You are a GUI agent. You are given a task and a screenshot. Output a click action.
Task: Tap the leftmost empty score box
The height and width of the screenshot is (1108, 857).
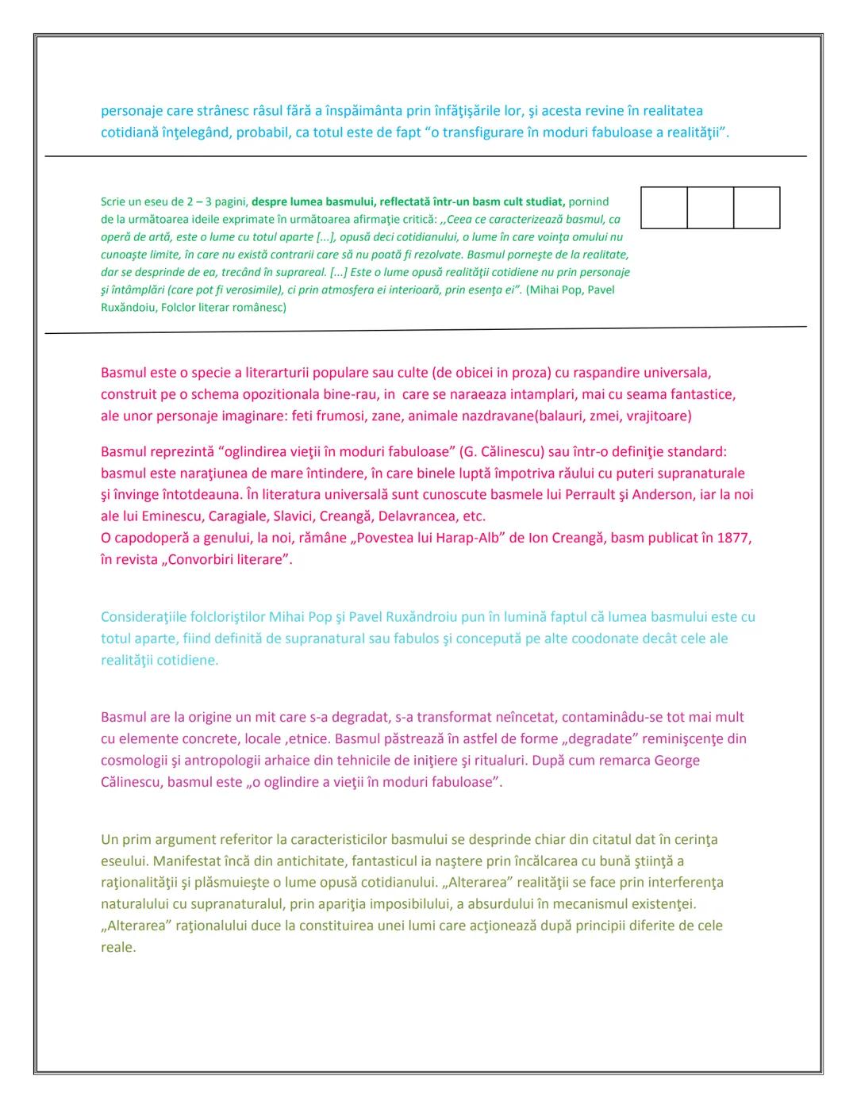pyautogui.click(x=663, y=208)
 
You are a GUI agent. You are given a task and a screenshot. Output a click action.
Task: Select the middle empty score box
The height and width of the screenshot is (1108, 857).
pyautogui.click(x=710, y=208)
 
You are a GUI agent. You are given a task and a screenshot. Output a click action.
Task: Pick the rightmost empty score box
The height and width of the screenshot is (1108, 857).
pyautogui.click(x=756, y=208)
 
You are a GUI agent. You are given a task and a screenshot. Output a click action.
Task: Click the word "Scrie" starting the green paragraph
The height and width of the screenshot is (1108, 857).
pyautogui.click(x=113, y=202)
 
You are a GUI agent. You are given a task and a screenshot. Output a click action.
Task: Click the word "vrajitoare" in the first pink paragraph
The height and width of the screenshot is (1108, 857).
pyautogui.click(x=658, y=416)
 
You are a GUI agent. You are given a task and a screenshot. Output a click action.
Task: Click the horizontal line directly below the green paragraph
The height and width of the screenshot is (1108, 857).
pyautogui.click(x=425, y=330)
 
